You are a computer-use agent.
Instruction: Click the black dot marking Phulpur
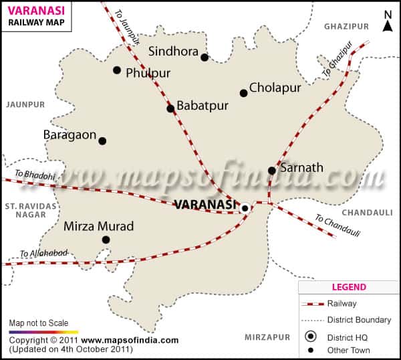click(x=117, y=70)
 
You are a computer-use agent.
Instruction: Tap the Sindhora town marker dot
click(x=205, y=58)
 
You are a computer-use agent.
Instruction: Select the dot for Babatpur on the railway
click(x=170, y=108)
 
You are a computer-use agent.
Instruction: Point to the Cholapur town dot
click(x=243, y=93)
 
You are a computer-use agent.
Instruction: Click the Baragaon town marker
click(x=102, y=141)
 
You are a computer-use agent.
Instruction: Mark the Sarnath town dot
click(x=272, y=171)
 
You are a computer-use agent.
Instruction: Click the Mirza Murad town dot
click(x=106, y=240)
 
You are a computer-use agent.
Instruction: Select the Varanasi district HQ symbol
click(x=245, y=208)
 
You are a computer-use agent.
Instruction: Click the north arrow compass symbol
click(x=388, y=21)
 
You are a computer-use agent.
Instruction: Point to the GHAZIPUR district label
click(x=346, y=26)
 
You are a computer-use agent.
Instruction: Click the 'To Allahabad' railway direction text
click(x=44, y=253)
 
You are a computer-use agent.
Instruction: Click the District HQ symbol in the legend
click(x=310, y=337)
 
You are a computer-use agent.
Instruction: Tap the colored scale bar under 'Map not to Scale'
click(x=43, y=331)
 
